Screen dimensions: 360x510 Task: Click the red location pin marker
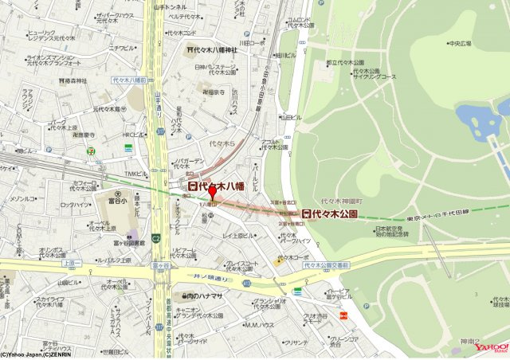pos(212,194)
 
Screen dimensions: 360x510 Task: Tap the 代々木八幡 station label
pos(215,186)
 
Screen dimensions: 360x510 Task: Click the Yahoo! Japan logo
pos(490,346)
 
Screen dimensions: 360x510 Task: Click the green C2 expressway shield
pos(157,237)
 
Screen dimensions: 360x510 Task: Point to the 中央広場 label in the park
pos(461,43)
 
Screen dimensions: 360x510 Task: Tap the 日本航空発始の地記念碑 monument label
pos(391,233)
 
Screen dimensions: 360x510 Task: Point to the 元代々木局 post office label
pos(107,109)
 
